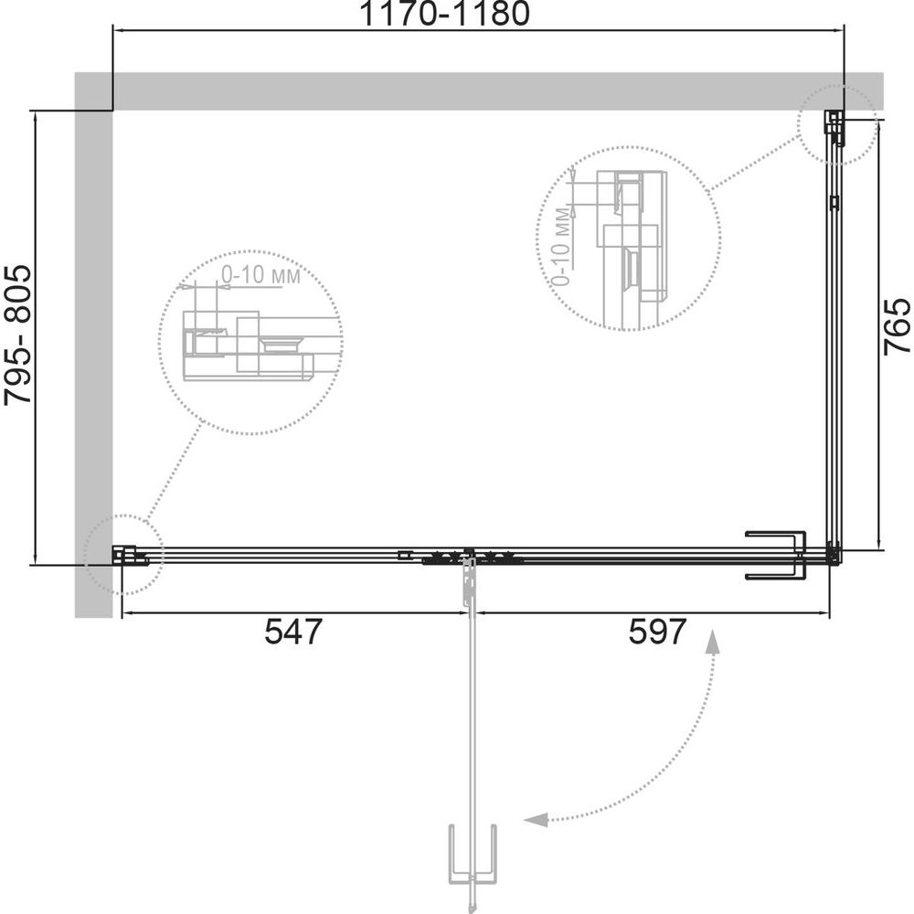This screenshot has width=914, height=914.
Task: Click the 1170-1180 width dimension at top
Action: (445, 14)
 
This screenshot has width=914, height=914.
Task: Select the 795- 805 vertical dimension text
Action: (17, 335)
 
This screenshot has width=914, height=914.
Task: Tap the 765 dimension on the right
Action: (896, 326)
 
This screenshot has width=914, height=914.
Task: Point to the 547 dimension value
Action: (292, 632)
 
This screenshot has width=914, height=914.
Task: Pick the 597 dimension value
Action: (657, 632)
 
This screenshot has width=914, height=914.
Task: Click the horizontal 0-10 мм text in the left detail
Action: (260, 275)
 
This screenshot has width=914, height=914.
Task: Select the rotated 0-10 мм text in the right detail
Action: (561, 247)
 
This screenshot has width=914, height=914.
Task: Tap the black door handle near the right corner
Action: (776, 555)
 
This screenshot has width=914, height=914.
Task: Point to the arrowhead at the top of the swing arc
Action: (712, 640)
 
